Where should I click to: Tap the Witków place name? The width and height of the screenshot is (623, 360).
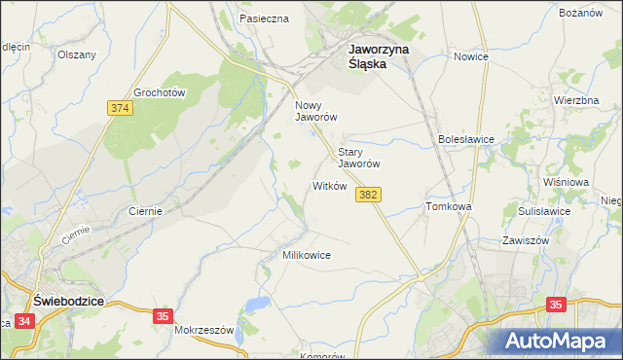pyautogui.click(x=329, y=185)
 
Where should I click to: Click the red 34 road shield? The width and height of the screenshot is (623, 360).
pyautogui.click(x=24, y=333)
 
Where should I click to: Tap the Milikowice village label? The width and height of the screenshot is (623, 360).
pyautogui.click(x=306, y=254)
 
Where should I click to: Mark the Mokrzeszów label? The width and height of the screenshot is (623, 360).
pyautogui.click(x=204, y=330)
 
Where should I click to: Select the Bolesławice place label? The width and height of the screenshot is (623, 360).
pyautogui.click(x=466, y=139)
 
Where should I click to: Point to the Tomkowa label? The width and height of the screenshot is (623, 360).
pyautogui.click(x=449, y=207)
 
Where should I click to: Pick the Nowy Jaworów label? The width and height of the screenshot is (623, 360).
pyautogui.click(x=316, y=110)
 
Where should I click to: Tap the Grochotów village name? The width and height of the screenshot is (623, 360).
pyautogui.click(x=160, y=91)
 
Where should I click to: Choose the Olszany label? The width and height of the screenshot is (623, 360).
pyautogui.click(x=77, y=54)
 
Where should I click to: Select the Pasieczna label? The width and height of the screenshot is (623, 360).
pyautogui.click(x=264, y=18)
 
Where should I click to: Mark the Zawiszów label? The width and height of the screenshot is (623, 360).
pyautogui.click(x=527, y=239)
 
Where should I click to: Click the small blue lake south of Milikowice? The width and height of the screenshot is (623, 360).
pyautogui.click(x=257, y=306)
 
